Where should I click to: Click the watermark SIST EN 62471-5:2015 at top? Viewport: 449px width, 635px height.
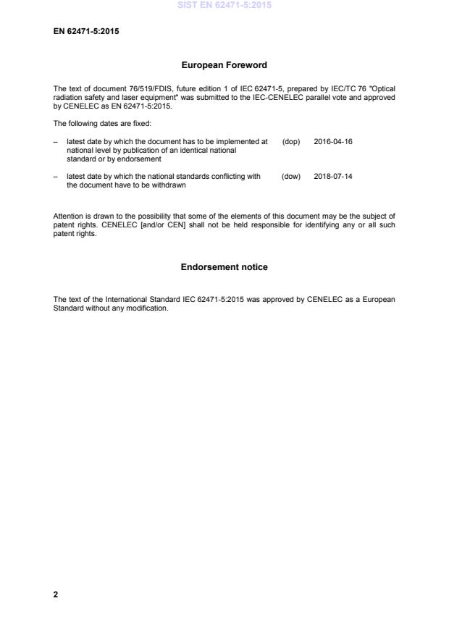pyautogui.click(x=224, y=5)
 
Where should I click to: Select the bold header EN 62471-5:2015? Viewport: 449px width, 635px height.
pyautogui.click(x=86, y=31)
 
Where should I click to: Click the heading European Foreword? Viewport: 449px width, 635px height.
pyautogui.click(x=224, y=65)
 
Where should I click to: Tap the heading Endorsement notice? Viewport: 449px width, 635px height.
pyautogui.click(x=224, y=267)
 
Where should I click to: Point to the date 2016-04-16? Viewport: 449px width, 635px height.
pyautogui.click(x=333, y=142)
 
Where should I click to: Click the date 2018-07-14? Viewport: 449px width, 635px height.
pyautogui.click(x=333, y=177)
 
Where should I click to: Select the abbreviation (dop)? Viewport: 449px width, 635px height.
pyautogui.click(x=290, y=142)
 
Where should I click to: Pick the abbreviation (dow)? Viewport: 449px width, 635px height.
pyautogui.click(x=290, y=177)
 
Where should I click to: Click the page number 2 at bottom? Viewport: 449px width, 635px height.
pyautogui.click(x=56, y=594)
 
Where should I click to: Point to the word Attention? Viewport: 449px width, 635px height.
pyautogui.click(x=68, y=216)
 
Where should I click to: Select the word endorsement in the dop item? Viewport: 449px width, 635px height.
pyautogui.click(x=141, y=159)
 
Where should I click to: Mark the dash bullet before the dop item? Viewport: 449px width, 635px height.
pyautogui.click(x=56, y=142)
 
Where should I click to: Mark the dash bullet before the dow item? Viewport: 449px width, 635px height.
pyautogui.click(x=56, y=177)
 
